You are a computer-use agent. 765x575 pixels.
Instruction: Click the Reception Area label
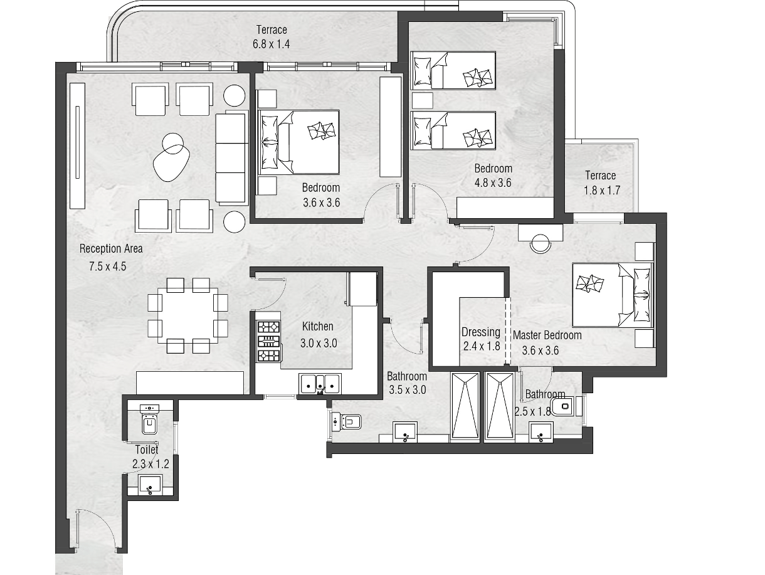(111, 249)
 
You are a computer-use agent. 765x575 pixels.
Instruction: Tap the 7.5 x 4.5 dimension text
(108, 266)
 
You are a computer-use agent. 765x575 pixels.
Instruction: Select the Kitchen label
(317, 326)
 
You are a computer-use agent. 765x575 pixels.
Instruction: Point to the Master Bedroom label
(547, 335)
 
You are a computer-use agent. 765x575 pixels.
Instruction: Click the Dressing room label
(481, 332)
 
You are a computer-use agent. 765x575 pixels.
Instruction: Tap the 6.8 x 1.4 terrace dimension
(271, 45)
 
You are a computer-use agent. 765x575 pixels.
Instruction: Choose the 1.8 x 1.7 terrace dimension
(602, 190)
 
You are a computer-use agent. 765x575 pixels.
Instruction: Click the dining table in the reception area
(187, 315)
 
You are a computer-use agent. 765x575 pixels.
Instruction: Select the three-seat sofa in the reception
(231, 157)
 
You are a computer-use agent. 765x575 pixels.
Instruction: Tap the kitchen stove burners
(268, 341)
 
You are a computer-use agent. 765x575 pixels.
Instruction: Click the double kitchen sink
(320, 384)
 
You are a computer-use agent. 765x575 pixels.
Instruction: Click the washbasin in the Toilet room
(149, 485)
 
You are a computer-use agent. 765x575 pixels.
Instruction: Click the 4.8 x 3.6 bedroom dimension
(493, 182)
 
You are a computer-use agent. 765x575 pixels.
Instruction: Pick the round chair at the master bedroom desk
(541, 243)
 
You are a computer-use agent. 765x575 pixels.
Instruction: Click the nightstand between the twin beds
(422, 101)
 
